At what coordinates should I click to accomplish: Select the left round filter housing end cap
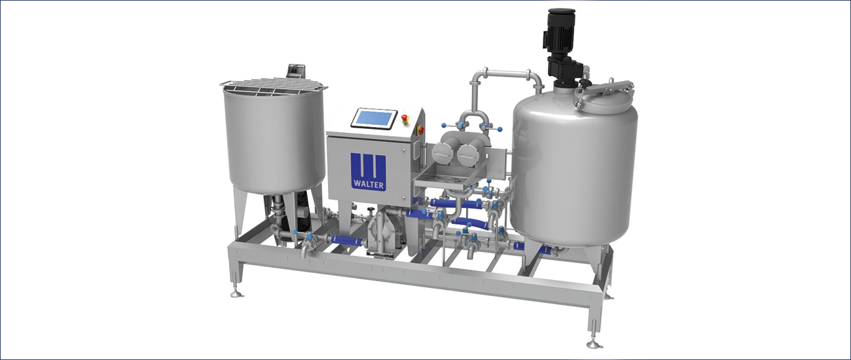pyautogui.click(x=444, y=153)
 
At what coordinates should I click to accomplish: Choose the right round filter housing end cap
pyautogui.click(x=469, y=154)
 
